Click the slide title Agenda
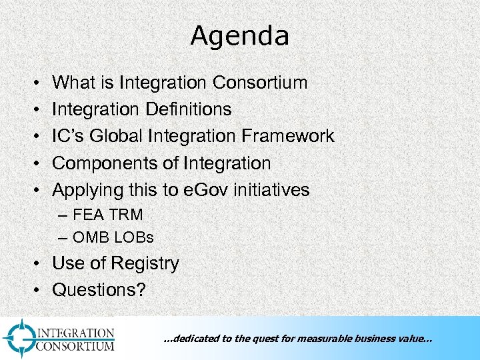tap(239, 36)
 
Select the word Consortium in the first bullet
tap(260, 83)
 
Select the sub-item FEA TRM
tap(107, 215)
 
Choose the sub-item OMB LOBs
tap(113, 236)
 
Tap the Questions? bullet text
tap(99, 290)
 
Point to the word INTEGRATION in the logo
tap(75, 333)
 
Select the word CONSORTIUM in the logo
tap(75, 345)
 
